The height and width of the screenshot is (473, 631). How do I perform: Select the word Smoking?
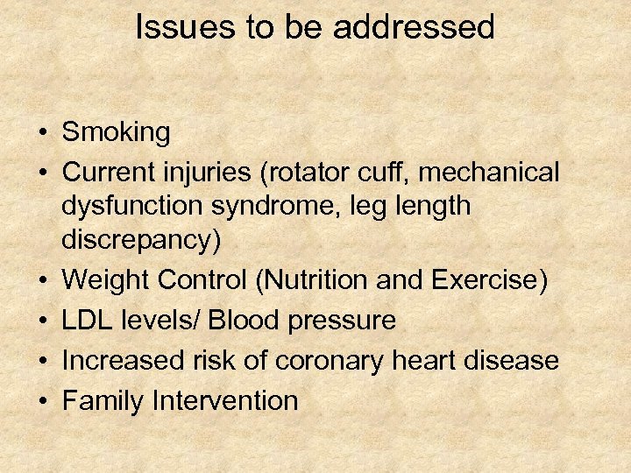tap(117, 133)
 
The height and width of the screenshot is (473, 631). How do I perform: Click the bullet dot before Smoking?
tap(42, 134)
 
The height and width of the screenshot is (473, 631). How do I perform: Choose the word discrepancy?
tap(141, 240)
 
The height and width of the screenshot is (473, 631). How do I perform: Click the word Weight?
tap(103, 280)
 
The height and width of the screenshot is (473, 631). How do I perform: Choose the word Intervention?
tap(225, 401)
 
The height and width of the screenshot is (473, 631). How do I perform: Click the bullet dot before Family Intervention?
tap(42, 402)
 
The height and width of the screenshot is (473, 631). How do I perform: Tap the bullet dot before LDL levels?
tap(42, 321)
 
